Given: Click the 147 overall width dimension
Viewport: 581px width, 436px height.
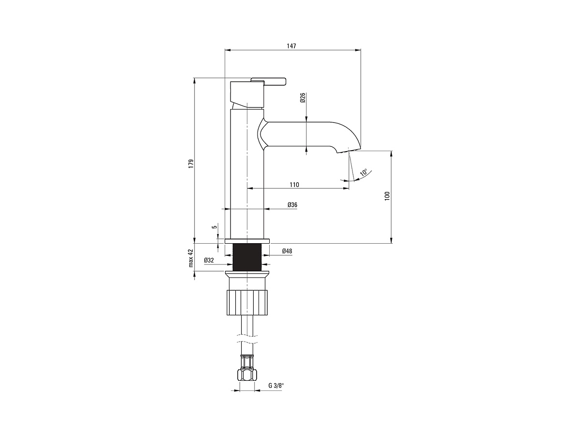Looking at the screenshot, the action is pos(291,46).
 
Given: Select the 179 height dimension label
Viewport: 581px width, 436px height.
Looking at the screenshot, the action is pos(191,163).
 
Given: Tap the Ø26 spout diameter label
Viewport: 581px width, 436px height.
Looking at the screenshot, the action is pos(303,98).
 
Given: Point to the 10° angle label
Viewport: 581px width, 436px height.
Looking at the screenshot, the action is pos(364,172).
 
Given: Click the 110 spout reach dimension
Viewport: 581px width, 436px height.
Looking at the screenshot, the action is pos(294,185).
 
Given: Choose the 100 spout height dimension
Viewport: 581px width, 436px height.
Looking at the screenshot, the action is pos(387,196).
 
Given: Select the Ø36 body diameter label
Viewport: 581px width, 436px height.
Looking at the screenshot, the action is pos(292,204).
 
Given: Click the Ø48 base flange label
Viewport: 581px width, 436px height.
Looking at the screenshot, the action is pos(287,250).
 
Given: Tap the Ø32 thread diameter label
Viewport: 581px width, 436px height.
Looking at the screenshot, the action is pos(209,260).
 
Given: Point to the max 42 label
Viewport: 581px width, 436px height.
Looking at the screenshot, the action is pos(191,258).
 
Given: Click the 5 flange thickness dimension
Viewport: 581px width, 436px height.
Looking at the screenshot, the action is pos(215,227).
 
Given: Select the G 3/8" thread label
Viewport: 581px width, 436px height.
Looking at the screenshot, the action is pos(276,386).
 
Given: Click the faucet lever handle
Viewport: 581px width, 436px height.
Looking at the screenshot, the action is pos(268,81).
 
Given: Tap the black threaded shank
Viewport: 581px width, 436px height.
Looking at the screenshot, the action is pos(247,257).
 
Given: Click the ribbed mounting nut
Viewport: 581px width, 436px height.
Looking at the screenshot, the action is pos(247,303).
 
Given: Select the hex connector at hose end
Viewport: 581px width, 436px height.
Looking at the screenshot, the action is pos(247,374).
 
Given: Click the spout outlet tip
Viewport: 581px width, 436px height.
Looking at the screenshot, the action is pos(348,151).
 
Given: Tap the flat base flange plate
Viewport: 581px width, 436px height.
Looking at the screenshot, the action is pos(247,241).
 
